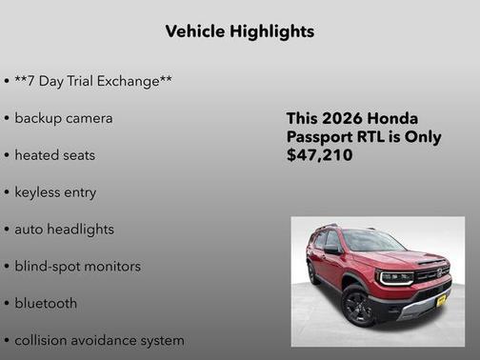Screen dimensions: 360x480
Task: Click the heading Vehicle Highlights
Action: point(239,31)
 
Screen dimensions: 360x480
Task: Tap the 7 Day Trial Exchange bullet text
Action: point(93,81)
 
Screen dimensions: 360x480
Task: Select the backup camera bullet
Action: point(63,118)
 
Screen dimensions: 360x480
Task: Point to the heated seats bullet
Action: point(54,155)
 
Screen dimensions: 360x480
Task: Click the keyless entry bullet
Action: point(55,192)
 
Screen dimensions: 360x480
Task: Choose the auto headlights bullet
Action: point(64,230)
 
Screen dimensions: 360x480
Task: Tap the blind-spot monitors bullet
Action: point(77,267)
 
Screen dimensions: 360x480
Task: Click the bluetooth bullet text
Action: point(46,304)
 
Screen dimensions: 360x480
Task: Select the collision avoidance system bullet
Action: point(99,340)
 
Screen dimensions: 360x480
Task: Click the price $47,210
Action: point(319,154)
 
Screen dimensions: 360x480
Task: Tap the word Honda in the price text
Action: point(393,119)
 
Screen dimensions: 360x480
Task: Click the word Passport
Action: point(325,136)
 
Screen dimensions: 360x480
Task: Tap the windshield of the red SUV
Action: point(372,241)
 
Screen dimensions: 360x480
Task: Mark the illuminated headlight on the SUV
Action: point(395,276)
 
